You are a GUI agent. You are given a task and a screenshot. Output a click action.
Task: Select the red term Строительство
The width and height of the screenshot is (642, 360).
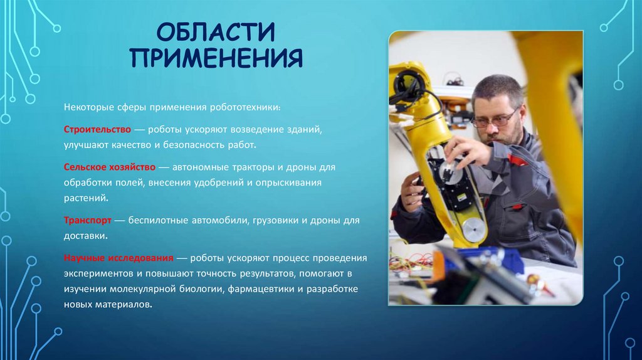pos(97,129)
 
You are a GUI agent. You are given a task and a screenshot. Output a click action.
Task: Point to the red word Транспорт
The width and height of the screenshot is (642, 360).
pos(87,221)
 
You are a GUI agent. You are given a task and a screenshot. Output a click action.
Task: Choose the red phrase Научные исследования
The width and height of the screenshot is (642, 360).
pos(118,258)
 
